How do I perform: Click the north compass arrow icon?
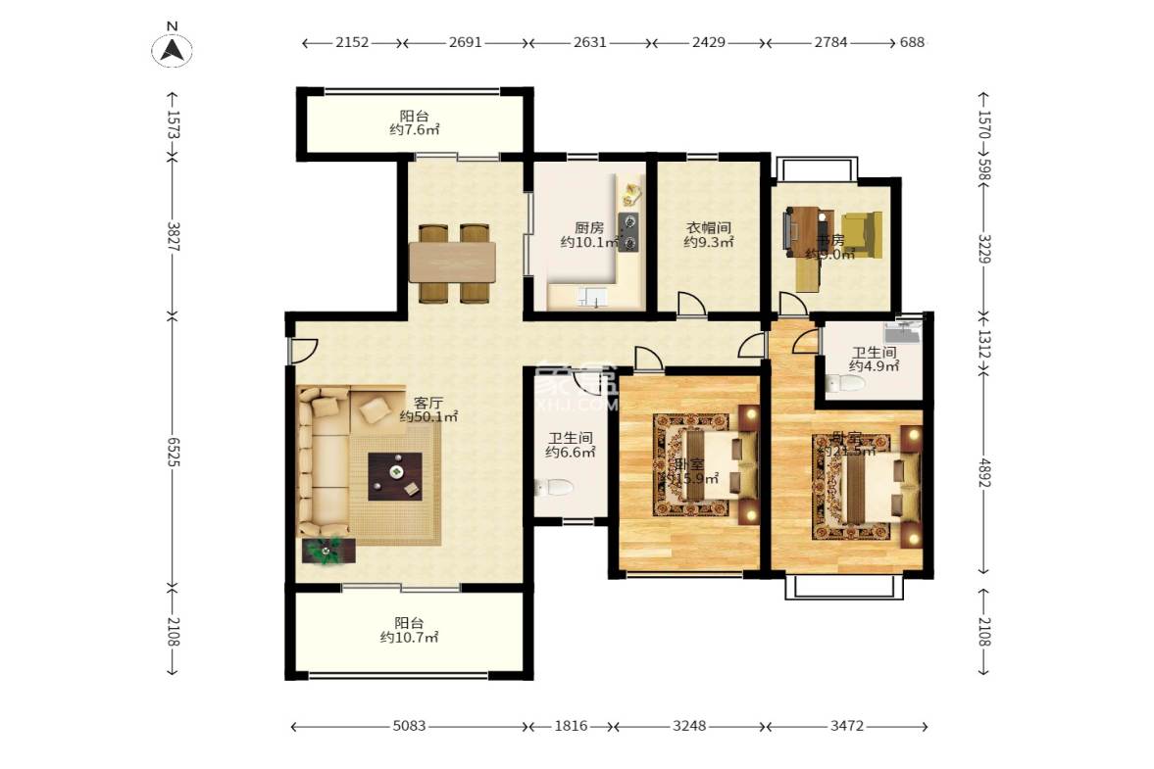click(172, 48)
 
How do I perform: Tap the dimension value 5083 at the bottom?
click(408, 726)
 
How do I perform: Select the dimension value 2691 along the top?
click(466, 42)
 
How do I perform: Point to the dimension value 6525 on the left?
click(172, 450)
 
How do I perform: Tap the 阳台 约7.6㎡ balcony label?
click(413, 121)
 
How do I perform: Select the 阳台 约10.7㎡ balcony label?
click(409, 629)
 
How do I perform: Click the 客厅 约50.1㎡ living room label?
click(428, 409)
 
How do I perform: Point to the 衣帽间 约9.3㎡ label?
click(708, 234)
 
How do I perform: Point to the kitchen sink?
click(592, 298)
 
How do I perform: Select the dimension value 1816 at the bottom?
click(571, 726)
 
